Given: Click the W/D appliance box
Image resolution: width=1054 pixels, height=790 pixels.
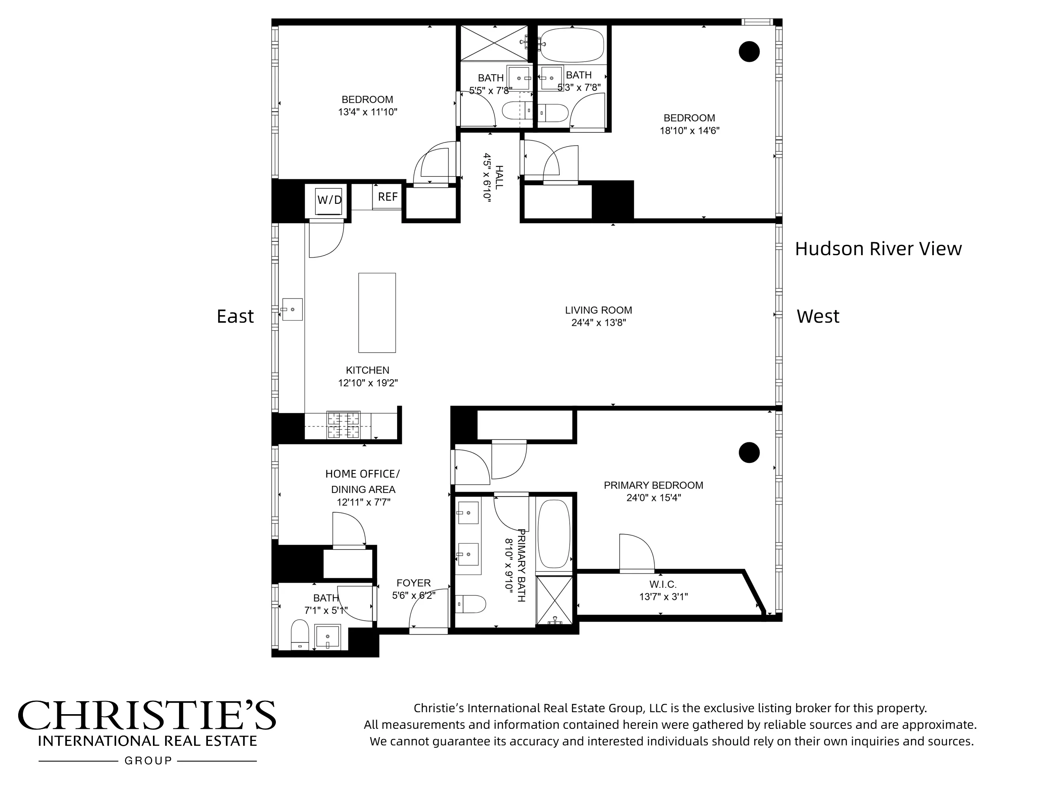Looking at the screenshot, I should pos(329,199).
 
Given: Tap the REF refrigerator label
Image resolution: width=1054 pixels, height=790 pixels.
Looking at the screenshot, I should pos(387,197).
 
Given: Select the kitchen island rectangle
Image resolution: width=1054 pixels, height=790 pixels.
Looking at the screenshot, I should pos(377,313).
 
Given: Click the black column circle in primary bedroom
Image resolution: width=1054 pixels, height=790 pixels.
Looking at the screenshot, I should pos(749,452).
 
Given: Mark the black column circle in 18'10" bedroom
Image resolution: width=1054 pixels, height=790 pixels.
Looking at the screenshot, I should pos(749,51).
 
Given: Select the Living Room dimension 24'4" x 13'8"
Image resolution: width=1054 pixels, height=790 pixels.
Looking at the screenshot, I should pos(598,323).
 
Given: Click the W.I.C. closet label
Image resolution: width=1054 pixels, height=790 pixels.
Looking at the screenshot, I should pos(662,584).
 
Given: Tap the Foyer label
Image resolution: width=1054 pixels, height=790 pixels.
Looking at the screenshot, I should pos(413,583).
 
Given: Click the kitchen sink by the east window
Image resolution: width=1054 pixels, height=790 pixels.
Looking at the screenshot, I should pos(292,310).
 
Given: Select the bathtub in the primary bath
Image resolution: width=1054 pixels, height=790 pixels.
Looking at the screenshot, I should pos(554,533).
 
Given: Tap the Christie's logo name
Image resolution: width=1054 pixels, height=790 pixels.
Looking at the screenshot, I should pos(147,716).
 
